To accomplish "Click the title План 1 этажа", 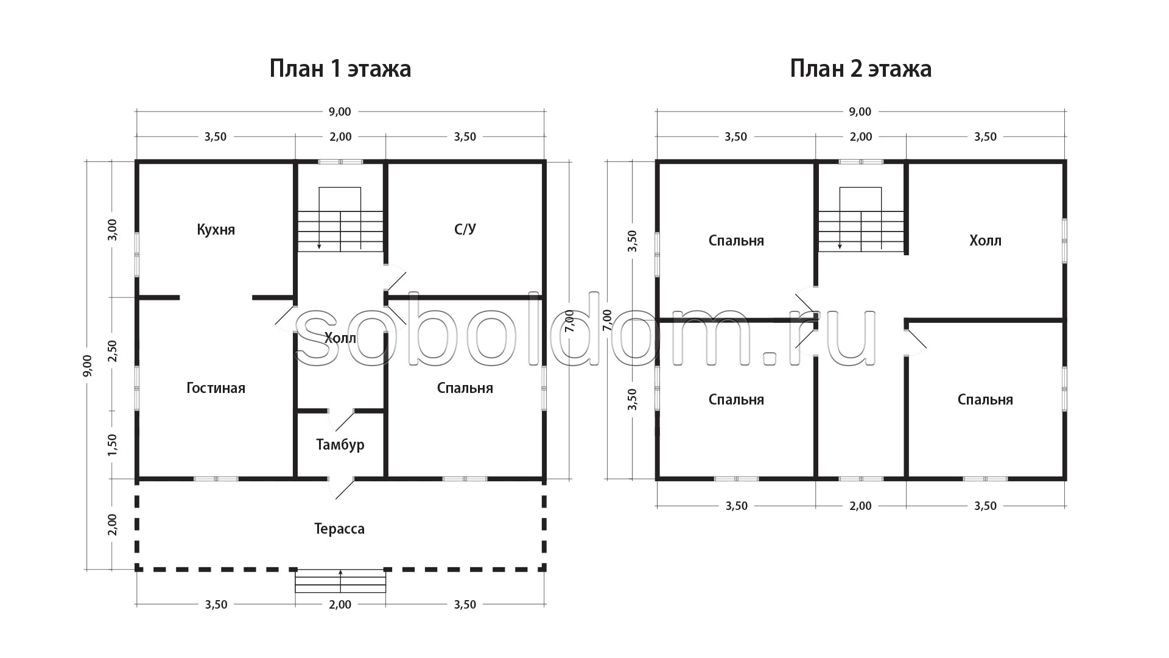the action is click(340, 69).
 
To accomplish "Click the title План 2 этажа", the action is click(860, 69).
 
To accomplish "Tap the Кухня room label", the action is click(216, 230).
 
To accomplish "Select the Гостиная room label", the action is click(216, 388).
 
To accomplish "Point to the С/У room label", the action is click(465, 229).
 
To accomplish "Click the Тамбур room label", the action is click(340, 445).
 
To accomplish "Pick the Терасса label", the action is click(339, 529).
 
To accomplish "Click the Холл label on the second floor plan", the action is click(985, 241).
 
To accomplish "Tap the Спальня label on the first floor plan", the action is click(465, 388).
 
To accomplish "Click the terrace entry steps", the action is click(340, 581).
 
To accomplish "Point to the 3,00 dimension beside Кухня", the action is click(112, 230).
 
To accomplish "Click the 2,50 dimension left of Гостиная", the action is click(112, 352).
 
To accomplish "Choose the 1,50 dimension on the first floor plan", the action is click(112, 445).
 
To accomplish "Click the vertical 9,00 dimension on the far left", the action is click(88, 366).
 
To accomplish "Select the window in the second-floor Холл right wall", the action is click(1064, 241).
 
